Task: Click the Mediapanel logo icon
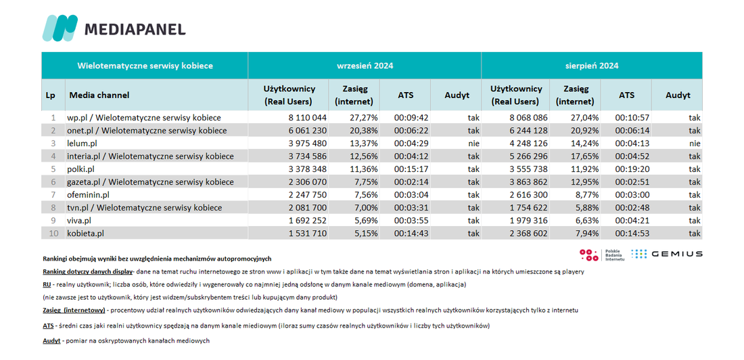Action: coord(60,28)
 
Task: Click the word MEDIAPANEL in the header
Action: coord(135,29)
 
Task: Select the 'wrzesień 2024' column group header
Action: coord(365,66)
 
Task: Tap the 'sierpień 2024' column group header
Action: coord(592,66)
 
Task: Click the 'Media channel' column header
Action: coord(99,95)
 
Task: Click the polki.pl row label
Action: coord(83,168)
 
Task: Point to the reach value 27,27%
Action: coord(364,117)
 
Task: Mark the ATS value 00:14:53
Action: coord(633,233)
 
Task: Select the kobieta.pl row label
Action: coord(85,233)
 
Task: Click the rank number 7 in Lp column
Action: coord(53,195)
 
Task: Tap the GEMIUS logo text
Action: coord(676,254)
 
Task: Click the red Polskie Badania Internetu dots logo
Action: coord(589,254)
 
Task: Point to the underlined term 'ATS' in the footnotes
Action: coord(48,325)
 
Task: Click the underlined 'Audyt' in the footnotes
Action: coord(51,341)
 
